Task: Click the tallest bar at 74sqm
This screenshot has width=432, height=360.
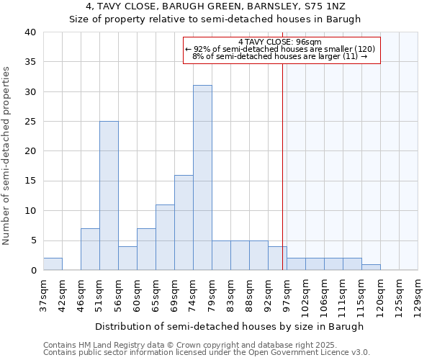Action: (202, 177)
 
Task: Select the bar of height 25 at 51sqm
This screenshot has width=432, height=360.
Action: (109, 195)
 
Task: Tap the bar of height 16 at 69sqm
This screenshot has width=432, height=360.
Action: (184, 222)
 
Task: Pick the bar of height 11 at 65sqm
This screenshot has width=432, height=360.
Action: (165, 237)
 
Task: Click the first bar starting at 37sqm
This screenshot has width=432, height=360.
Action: (53, 264)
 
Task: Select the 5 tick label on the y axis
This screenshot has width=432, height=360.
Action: (32, 240)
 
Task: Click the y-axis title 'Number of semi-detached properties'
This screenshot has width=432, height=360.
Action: (6, 156)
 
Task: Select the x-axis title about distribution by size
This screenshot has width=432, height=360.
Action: (230, 326)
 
